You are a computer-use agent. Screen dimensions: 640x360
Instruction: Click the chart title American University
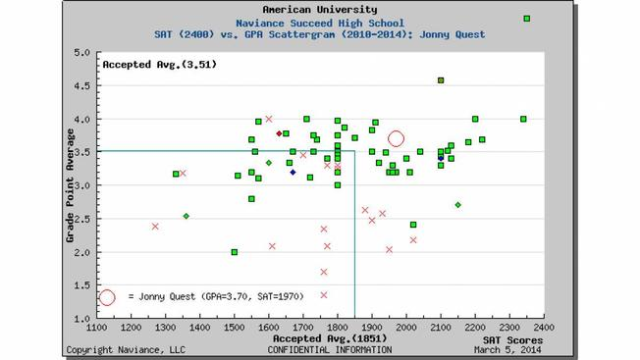pyautogui.click(x=320, y=10)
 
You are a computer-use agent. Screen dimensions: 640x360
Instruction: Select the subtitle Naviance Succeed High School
pyautogui.click(x=320, y=24)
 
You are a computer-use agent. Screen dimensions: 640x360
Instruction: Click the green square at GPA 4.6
pyautogui.click(x=441, y=80)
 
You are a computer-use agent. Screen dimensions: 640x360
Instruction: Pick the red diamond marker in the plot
pyautogui.click(x=279, y=133)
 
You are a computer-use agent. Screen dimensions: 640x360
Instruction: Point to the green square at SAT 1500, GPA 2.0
pyautogui.click(x=235, y=252)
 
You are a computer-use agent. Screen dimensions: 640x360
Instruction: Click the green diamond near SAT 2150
pyautogui.click(x=458, y=205)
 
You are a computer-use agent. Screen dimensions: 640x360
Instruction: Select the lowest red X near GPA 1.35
pyautogui.click(x=324, y=295)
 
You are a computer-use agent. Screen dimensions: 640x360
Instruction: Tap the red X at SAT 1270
pyautogui.click(x=155, y=227)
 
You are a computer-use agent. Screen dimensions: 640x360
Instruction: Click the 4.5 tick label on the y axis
pyautogui.click(x=81, y=85)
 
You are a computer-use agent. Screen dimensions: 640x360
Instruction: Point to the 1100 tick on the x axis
pyautogui.click(x=97, y=328)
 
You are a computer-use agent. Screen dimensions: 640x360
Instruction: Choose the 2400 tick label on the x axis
pyautogui.click(x=544, y=328)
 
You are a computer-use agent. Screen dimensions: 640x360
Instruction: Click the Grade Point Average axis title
pyautogui.click(x=71, y=185)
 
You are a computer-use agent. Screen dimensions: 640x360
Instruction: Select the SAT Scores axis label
pyautogui.click(x=512, y=340)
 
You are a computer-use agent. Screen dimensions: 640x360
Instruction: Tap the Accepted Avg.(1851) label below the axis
pyautogui.click(x=330, y=338)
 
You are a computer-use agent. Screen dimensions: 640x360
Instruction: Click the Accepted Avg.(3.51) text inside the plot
pyautogui.click(x=160, y=65)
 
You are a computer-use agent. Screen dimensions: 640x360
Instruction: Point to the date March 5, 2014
pyautogui.click(x=507, y=350)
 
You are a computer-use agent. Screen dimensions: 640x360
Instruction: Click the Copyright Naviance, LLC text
pyautogui.click(x=126, y=350)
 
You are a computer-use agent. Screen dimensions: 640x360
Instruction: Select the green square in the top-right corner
pyautogui.click(x=527, y=19)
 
